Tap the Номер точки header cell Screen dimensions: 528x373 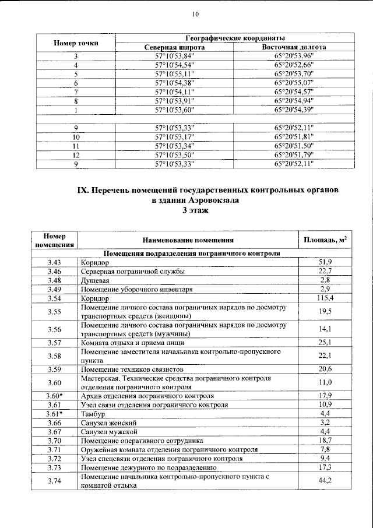click(76, 43)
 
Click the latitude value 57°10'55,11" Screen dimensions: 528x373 click(174, 74)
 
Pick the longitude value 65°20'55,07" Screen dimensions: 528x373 click(294, 83)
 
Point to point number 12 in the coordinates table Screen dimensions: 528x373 click(76, 155)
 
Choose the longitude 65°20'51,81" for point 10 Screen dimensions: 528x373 click(294, 136)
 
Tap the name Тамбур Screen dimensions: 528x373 click(94, 414)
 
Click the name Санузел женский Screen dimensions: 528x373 click(109, 423)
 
